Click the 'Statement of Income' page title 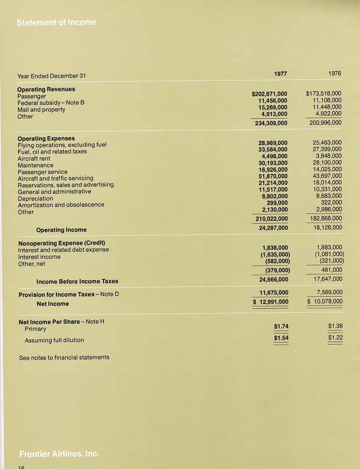pyautogui.click(x=56, y=22)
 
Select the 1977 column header pyautogui.click(x=280, y=74)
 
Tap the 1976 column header pyautogui.click(x=334, y=74)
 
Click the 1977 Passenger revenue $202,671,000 pyautogui.click(x=270, y=94)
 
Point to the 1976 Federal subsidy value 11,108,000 pyautogui.click(x=327, y=100)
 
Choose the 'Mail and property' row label pyautogui.click(x=41, y=110)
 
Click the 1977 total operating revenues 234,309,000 pyautogui.click(x=271, y=123)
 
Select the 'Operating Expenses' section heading pyautogui.click(x=46, y=138)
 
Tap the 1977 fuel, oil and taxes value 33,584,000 pyautogui.click(x=273, y=150)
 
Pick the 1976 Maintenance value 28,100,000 pyautogui.click(x=327, y=163)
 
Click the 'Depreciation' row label pyautogui.click(x=35, y=198)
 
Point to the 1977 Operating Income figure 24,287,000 pyautogui.click(x=273, y=227)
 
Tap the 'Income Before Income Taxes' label pyautogui.click(x=77, y=281)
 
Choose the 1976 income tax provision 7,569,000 pyautogui.click(x=329, y=292)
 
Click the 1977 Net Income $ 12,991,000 pyautogui.click(x=271, y=302)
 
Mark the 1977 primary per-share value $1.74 pyautogui.click(x=281, y=327)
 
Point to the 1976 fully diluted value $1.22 pyautogui.click(x=335, y=337)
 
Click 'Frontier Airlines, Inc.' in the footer pyautogui.click(x=59, y=454)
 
